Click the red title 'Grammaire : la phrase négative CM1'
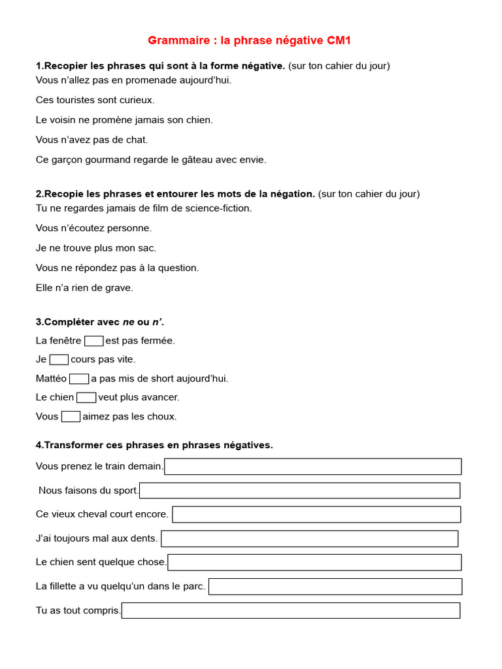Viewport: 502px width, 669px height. (x=249, y=41)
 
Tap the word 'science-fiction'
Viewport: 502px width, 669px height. (x=219, y=208)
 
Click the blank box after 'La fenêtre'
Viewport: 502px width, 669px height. (x=93, y=340)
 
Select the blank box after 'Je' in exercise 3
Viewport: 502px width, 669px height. (x=59, y=359)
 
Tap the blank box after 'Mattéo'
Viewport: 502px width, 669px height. (x=78, y=378)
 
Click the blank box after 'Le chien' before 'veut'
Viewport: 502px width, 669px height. (x=86, y=397)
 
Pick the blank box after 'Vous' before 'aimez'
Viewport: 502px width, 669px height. (x=71, y=416)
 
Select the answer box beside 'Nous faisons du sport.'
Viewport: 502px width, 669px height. (x=299, y=491)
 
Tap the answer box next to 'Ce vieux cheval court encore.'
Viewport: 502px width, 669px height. (x=316, y=514)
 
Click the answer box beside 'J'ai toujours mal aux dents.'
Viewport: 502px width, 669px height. (x=309, y=538)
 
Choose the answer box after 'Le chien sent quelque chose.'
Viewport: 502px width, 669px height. (x=314, y=562)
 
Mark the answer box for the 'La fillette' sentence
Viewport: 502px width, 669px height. (x=335, y=586)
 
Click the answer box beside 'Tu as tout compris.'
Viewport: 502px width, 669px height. (x=291, y=610)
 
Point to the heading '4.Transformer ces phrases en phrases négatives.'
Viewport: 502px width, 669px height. (x=154, y=445)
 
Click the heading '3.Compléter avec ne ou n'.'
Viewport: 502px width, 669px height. (x=100, y=322)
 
